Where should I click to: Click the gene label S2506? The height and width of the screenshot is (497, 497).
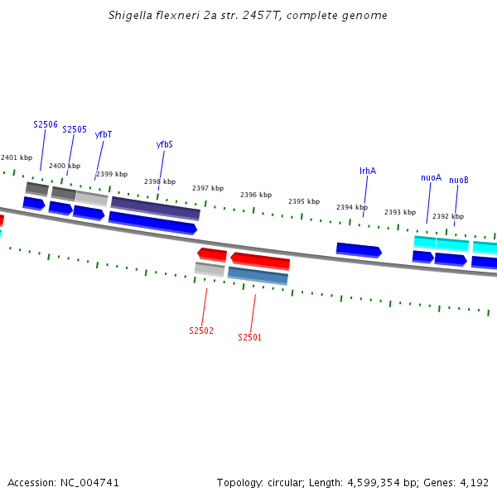tap(46, 124)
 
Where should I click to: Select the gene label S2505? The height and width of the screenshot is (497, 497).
tap(75, 129)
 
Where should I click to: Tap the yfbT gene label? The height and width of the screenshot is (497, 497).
tap(104, 134)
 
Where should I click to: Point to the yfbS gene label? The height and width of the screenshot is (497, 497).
tap(165, 144)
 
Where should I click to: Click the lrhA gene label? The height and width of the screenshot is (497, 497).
tap(368, 171)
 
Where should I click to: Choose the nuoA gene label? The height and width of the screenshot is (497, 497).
tap(431, 177)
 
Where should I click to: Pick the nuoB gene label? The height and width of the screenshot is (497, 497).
tap(459, 180)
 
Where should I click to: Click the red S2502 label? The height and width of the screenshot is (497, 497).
tap(201, 331)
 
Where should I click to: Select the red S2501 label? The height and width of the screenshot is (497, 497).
tap(249, 337)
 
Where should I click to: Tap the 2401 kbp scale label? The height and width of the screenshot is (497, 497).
tap(17, 157)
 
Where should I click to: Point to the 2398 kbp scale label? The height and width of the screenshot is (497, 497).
tap(160, 181)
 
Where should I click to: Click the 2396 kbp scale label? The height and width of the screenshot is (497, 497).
tap(256, 195)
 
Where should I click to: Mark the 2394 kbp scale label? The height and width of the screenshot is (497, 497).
tap(352, 207)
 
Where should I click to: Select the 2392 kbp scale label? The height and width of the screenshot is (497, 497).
tap(448, 216)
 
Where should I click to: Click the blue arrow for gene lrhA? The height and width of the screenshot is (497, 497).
tap(359, 249)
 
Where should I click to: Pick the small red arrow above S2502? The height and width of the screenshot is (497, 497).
tap(212, 253)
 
